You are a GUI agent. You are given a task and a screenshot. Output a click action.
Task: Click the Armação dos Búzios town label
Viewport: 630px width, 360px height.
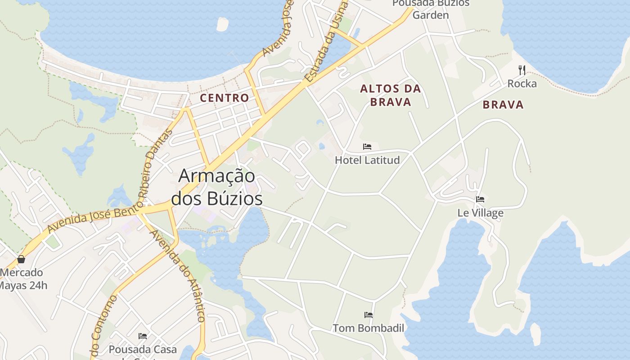click(x=217, y=187)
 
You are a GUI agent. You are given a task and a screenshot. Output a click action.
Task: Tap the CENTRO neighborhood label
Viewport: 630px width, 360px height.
click(x=224, y=98)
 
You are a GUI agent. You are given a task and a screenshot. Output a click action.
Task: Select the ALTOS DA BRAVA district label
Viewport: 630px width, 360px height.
click(x=391, y=95)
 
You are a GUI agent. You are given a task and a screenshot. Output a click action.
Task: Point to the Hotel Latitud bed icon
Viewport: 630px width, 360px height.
click(x=367, y=147)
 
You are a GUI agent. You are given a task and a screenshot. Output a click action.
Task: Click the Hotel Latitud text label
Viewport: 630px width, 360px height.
click(x=367, y=160)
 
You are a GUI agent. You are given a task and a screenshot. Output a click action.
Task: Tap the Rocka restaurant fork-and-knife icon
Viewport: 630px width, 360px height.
click(x=522, y=70)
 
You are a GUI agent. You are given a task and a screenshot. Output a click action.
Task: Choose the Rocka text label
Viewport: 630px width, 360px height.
click(x=522, y=84)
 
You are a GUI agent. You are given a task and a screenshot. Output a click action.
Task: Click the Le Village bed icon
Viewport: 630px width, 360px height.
click(x=480, y=199)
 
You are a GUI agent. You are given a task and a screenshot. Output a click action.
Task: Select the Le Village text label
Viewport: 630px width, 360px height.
click(x=480, y=213)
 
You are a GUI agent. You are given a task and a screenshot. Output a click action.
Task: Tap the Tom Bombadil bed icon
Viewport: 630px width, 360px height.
click(x=369, y=315)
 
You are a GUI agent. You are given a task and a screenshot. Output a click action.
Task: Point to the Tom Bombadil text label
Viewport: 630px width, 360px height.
click(x=369, y=328)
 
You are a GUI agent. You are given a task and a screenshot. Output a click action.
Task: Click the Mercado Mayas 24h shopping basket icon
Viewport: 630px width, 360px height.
click(x=21, y=259)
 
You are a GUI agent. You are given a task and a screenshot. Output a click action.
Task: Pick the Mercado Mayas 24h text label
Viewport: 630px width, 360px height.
click(x=22, y=279)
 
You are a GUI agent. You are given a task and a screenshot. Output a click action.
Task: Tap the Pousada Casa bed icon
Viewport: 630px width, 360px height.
click(x=143, y=336)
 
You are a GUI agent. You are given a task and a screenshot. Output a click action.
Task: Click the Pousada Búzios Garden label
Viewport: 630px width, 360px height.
click(x=431, y=9)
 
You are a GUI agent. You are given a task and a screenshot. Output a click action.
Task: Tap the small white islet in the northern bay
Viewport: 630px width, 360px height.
click(x=222, y=24)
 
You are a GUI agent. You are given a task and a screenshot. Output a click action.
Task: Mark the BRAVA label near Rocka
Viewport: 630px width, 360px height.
click(x=503, y=105)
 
